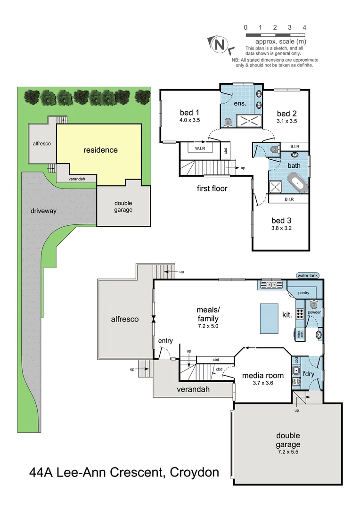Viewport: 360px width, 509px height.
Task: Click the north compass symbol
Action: [219, 44]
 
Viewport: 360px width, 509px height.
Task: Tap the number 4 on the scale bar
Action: [304, 27]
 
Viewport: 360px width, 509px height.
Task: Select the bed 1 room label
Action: [190, 112]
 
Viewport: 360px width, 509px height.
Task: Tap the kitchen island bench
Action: [269, 318]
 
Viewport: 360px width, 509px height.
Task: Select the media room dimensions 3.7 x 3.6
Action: [263, 383]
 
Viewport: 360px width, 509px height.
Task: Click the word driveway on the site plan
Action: [43, 211]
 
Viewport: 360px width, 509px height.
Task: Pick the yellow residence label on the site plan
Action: [100, 150]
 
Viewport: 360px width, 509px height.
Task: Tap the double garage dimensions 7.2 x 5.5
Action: [288, 452]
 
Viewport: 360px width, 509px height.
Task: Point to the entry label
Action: [165, 341]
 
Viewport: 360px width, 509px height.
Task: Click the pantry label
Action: [303, 293]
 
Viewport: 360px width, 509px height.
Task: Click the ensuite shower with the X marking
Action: [248, 121]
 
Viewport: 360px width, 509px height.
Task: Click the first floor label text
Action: [212, 189]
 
